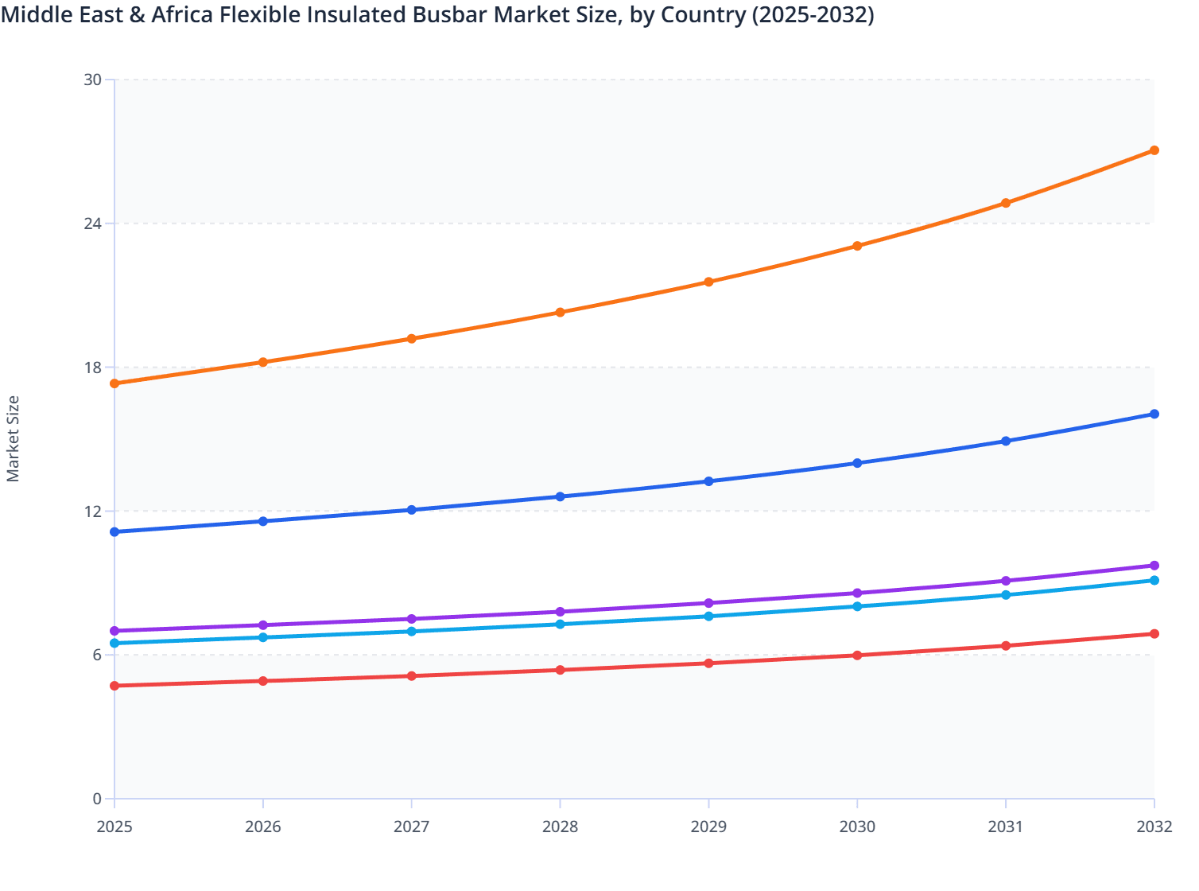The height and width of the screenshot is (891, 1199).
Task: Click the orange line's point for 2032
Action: (1154, 150)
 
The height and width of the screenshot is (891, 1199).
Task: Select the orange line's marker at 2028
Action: (560, 312)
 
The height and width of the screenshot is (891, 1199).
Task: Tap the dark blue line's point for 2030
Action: (857, 463)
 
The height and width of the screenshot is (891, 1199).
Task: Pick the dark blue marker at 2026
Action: (263, 521)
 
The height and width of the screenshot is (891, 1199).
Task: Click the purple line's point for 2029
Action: (708, 603)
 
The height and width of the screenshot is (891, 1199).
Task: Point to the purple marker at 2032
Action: (1154, 566)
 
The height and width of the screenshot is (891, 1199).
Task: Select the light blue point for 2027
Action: (412, 632)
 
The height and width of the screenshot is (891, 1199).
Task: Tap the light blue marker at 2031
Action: (1006, 595)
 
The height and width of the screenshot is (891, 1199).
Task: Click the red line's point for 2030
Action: (857, 656)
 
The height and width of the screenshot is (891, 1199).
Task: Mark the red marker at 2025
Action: (114, 686)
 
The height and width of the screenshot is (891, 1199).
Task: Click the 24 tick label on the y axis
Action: (93, 224)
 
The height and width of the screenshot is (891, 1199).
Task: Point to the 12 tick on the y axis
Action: (93, 512)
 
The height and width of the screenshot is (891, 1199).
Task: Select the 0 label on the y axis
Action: (97, 800)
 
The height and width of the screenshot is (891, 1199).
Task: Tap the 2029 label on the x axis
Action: (708, 827)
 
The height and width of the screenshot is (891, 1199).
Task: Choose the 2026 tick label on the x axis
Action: (263, 827)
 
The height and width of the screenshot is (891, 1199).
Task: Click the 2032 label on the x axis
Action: (1154, 827)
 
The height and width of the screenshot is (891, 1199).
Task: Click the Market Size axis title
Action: (14, 439)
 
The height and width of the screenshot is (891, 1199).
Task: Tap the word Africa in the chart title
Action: (182, 15)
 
